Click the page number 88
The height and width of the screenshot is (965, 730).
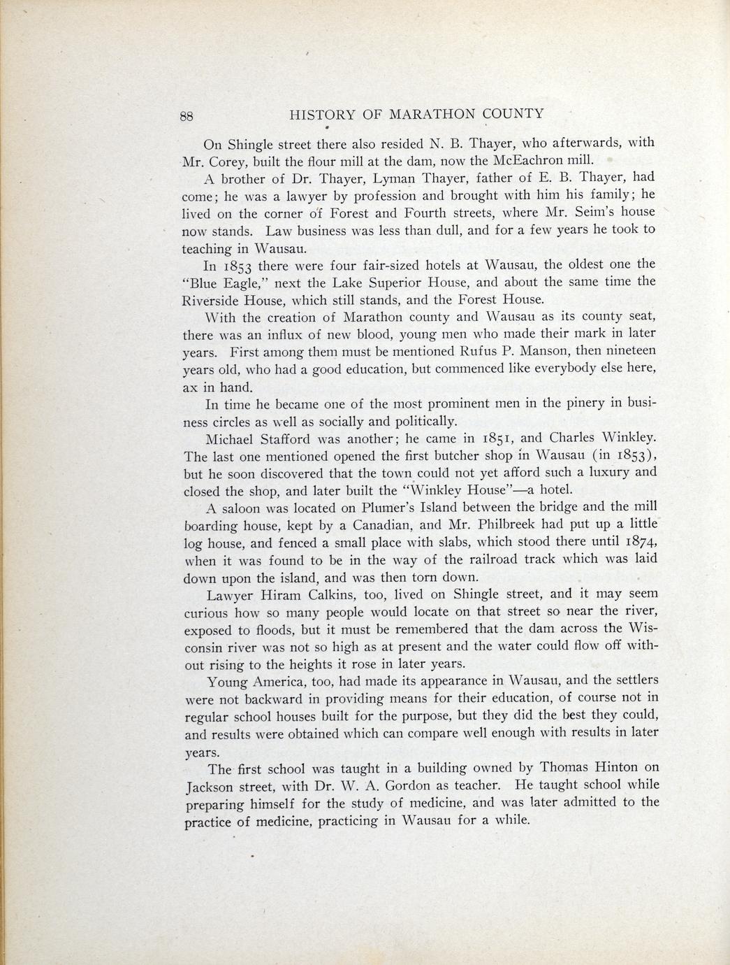(x=187, y=116)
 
